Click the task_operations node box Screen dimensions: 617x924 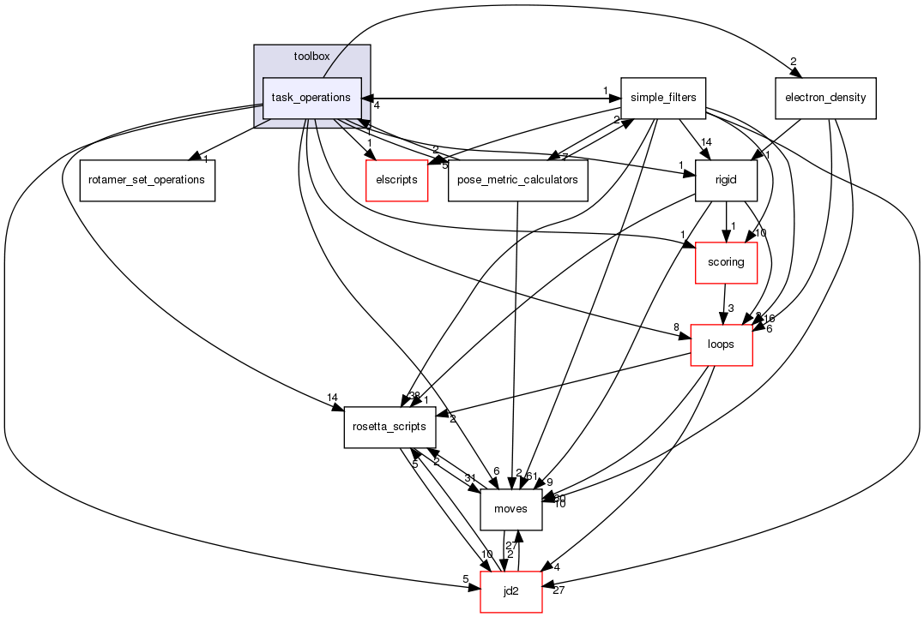pos(311,99)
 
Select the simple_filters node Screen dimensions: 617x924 pos(663,99)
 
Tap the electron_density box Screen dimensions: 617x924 pos(824,99)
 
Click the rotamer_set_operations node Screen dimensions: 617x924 pos(147,180)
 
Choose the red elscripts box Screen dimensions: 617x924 pos(396,180)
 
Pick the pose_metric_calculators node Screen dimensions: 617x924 pos(517,180)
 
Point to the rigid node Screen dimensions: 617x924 pos(726,180)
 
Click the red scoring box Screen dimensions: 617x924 pos(726,262)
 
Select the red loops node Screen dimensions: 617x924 pos(722,344)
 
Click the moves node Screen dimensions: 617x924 pos(510,509)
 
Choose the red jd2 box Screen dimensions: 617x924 pos(510,591)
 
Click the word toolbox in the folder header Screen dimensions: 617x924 pos(311,57)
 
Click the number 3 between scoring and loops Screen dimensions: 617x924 pos(730,308)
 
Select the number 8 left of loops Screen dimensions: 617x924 pos(676,326)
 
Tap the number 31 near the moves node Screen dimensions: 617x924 pos(470,478)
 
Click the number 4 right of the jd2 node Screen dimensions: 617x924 pos(557,567)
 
